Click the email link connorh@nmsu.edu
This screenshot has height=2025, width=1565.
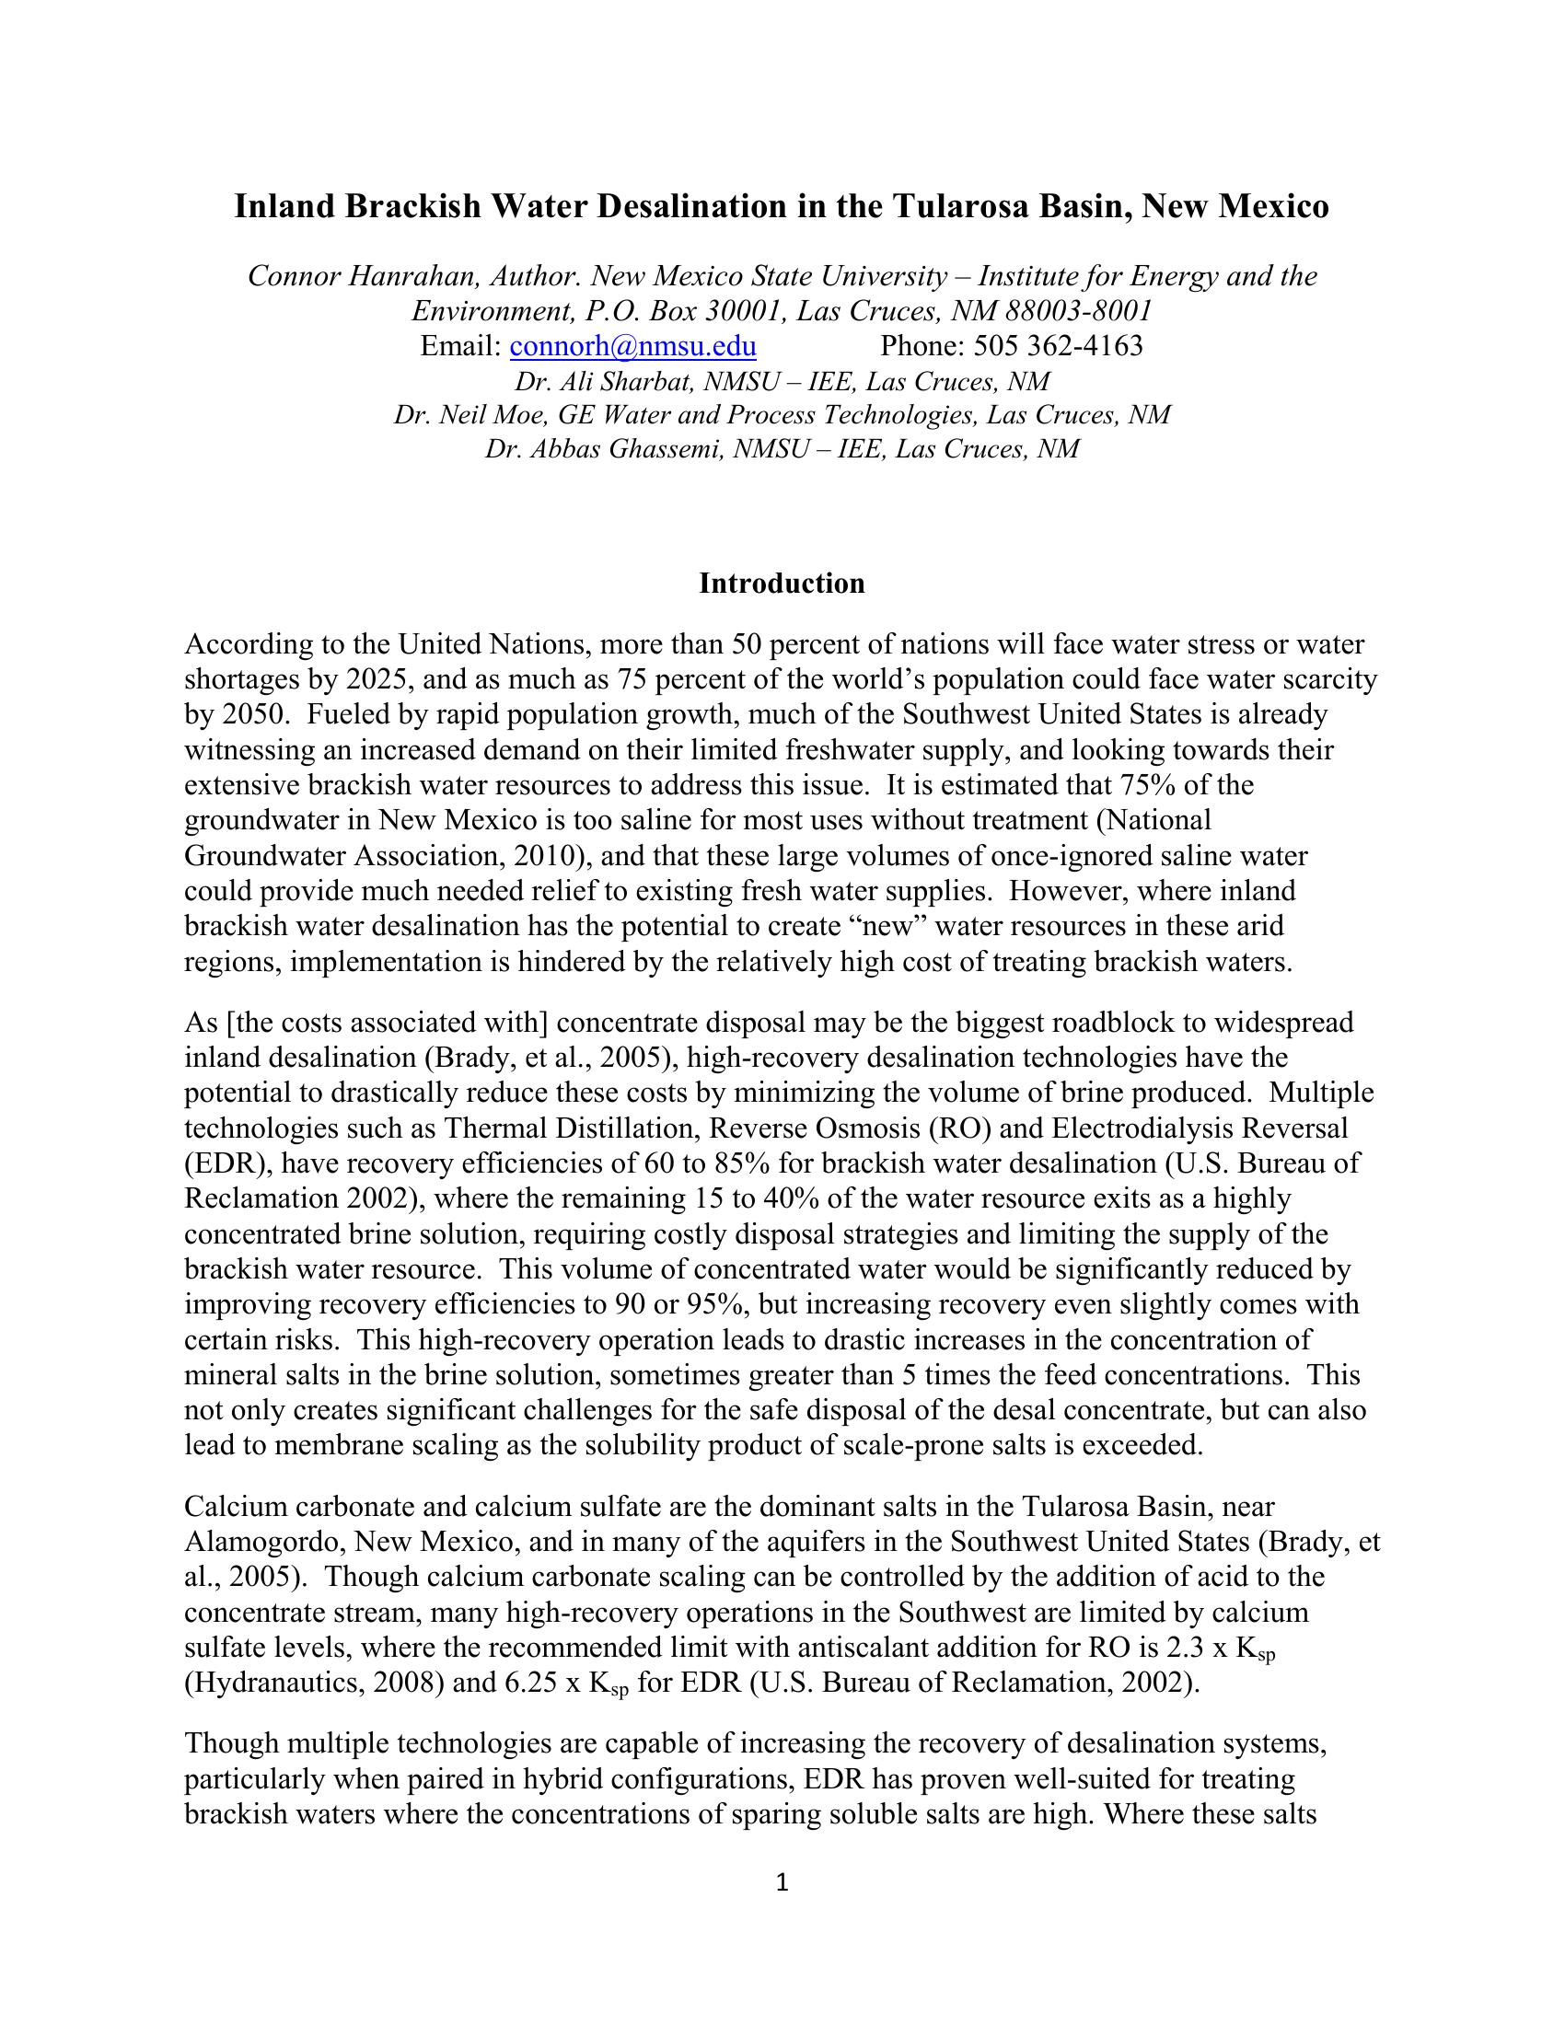pos(633,346)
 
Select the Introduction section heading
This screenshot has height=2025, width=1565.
pos(782,584)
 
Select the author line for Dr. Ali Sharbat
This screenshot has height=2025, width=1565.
pos(782,381)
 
